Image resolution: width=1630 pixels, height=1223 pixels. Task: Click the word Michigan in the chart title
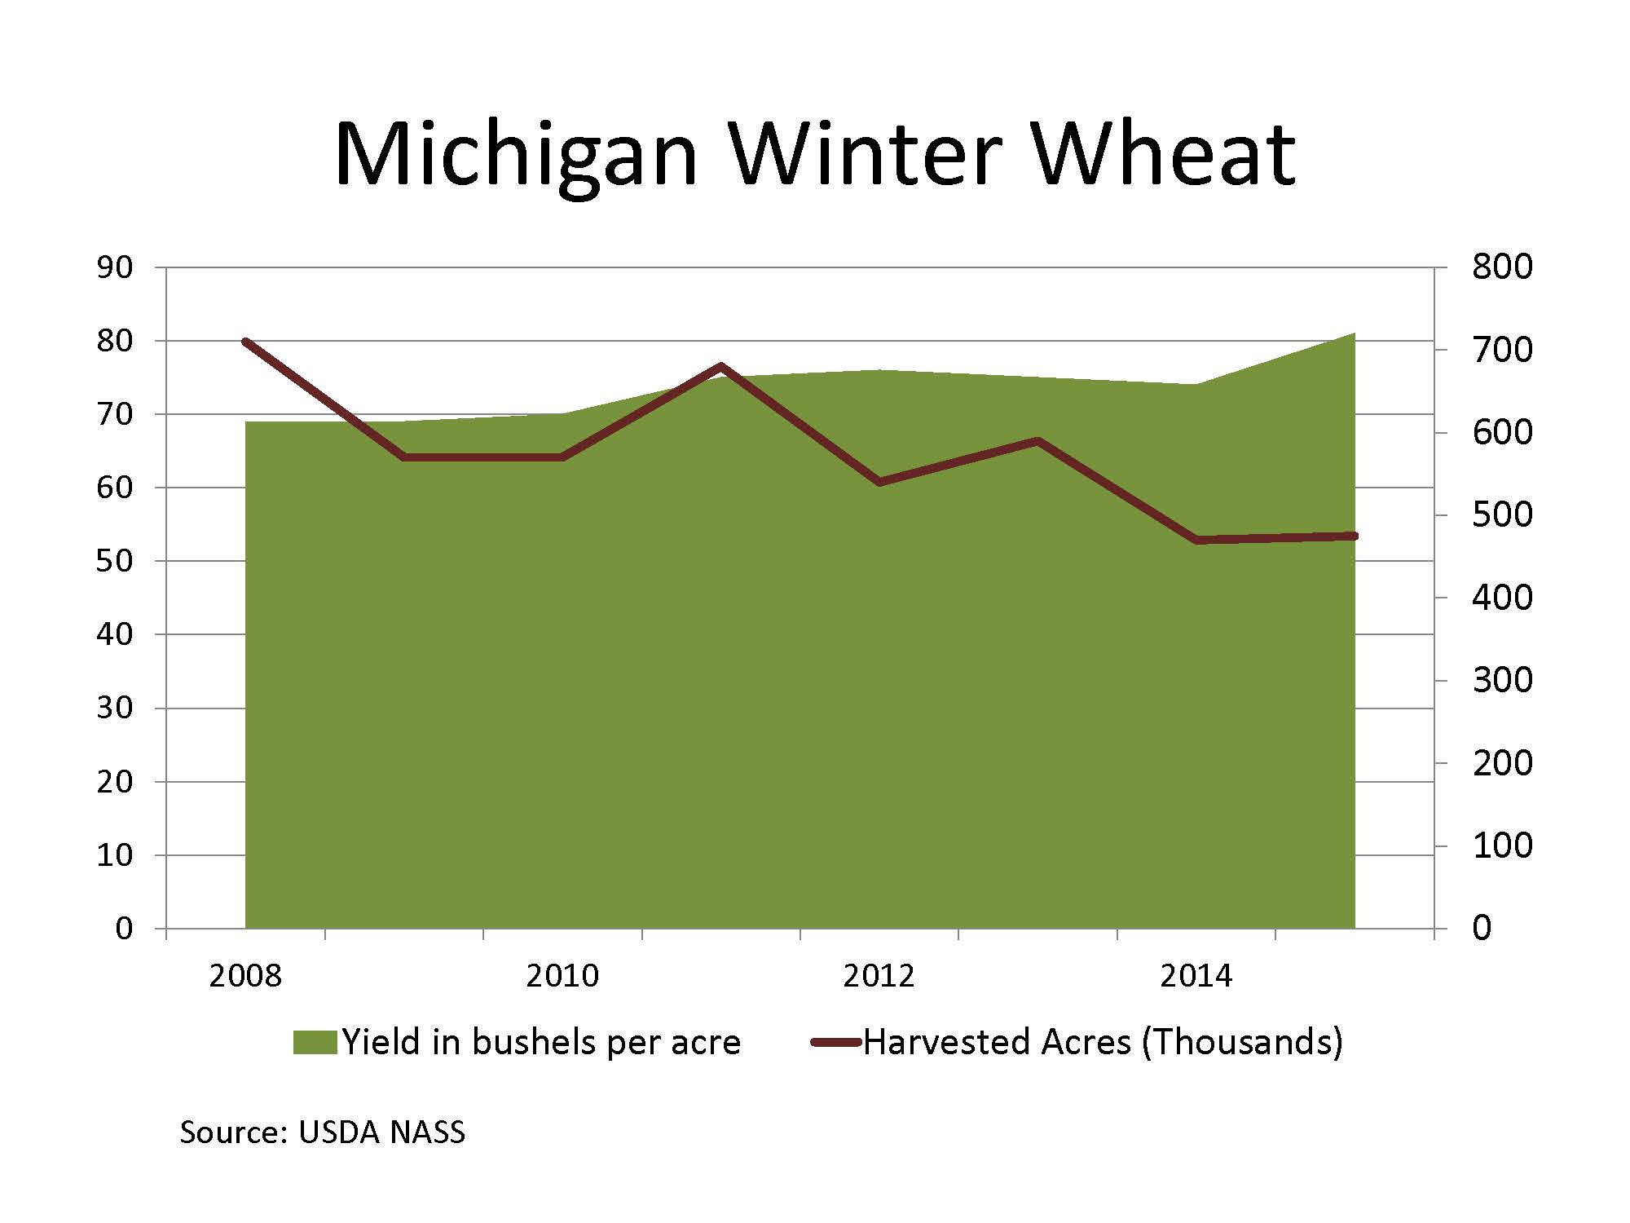click(515, 155)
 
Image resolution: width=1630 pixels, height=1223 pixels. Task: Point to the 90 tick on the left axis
click(114, 267)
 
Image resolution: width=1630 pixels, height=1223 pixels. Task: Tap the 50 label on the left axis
click(114, 561)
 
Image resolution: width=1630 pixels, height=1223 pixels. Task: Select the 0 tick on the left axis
click(123, 928)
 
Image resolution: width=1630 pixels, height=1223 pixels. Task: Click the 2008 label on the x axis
click(245, 976)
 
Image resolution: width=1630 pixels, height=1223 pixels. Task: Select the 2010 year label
click(562, 976)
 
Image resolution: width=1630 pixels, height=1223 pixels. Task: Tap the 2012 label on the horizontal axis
click(879, 976)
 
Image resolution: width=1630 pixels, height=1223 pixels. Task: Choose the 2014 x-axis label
click(1196, 976)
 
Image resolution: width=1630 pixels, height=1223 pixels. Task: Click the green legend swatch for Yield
click(315, 1043)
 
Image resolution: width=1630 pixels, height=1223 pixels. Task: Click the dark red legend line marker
click(835, 1043)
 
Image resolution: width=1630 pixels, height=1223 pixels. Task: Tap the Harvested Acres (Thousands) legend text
click(1103, 1043)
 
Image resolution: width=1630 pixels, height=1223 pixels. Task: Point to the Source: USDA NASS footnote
click(322, 1132)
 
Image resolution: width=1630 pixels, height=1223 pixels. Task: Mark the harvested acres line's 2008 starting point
click(246, 342)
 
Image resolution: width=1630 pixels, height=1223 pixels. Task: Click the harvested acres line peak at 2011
click(721, 366)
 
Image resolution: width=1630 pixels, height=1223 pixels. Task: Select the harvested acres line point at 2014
click(1197, 540)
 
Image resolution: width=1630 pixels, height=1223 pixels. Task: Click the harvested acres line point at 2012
click(879, 482)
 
